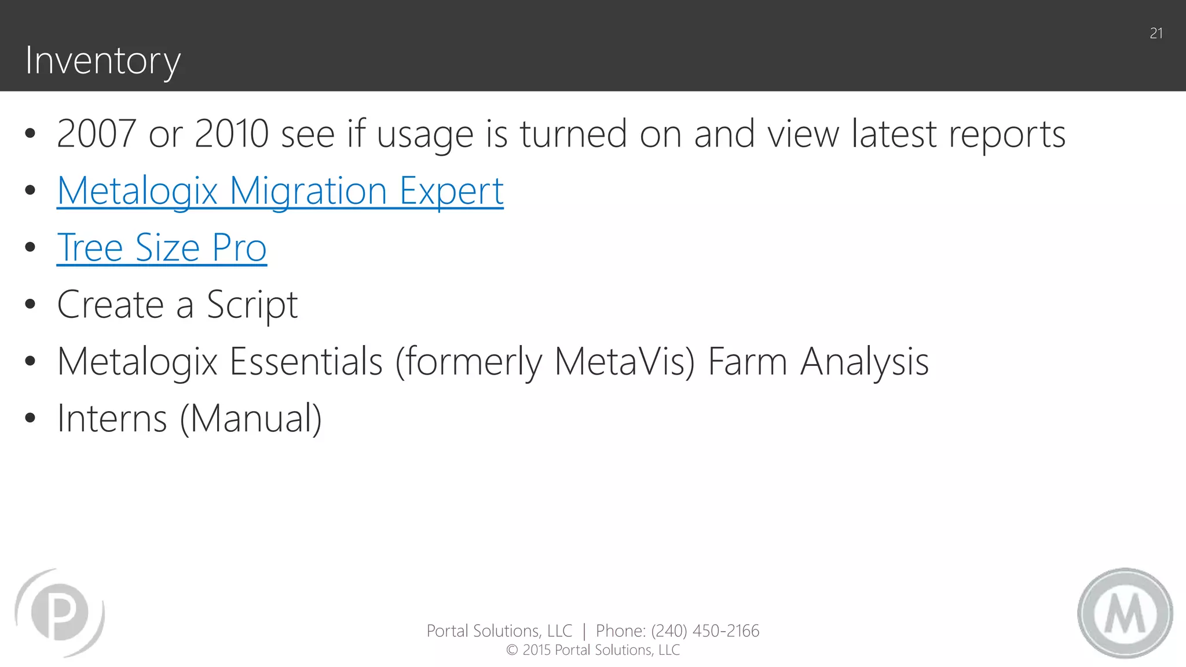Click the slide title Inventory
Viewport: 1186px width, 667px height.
[103, 61]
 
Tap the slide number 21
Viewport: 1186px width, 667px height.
[1156, 34]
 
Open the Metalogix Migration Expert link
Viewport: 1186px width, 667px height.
[280, 190]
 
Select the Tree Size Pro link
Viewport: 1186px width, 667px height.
[162, 248]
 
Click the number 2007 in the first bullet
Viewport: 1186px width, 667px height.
[96, 134]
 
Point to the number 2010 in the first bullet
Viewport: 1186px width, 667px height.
[232, 134]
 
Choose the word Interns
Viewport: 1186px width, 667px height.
[112, 418]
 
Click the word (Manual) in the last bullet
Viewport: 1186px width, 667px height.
[251, 418]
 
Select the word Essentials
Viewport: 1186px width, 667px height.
[306, 361]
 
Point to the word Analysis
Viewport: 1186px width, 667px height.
[865, 361]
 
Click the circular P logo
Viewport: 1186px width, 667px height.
[60, 613]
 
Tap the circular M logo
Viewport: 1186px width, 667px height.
[1125, 613]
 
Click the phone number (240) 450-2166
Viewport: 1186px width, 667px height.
[705, 631]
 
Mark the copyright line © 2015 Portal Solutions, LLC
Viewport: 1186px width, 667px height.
[593, 650]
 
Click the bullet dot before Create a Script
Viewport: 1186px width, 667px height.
[31, 305]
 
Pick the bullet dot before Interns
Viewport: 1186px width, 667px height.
[31, 418]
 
